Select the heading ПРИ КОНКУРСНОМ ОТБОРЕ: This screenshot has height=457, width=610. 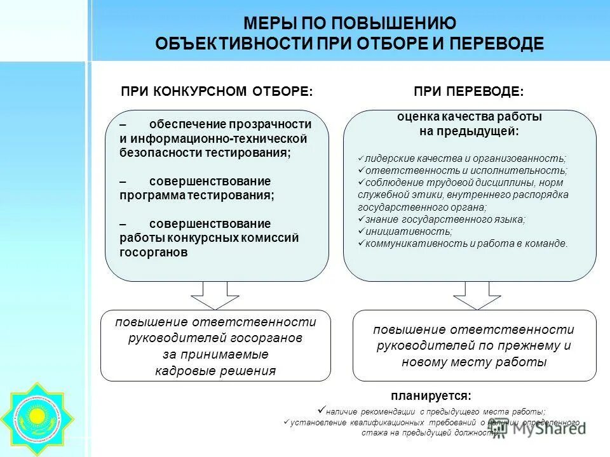217,91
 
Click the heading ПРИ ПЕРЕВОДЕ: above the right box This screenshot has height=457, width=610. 469,91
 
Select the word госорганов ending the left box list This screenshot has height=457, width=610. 154,252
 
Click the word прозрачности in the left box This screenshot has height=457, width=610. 275,124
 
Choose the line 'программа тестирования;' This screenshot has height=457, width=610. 197,195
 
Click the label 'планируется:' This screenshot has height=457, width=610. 431,396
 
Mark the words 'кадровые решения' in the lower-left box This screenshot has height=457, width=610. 215,371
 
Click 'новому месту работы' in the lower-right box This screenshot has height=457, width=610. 474,362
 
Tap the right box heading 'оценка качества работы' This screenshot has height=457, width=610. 470,117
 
